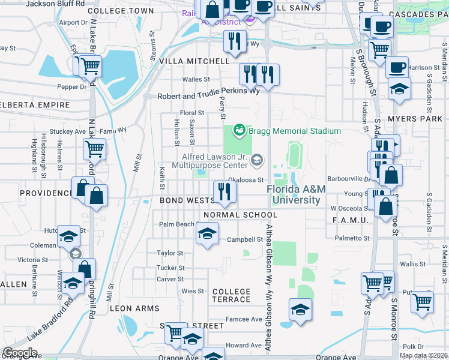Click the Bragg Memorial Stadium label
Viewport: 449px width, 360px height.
[x=295, y=131]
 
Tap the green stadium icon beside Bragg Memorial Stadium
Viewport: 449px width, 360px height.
[x=240, y=130]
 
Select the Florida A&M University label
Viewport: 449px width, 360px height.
[x=296, y=194]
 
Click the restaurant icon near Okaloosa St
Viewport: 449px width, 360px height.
[x=224, y=192]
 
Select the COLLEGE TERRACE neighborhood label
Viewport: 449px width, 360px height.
[x=231, y=295]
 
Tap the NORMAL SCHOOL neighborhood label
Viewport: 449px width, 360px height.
[x=240, y=215]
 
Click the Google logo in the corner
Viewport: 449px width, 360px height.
[x=20, y=352]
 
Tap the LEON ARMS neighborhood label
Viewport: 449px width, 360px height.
[x=134, y=308]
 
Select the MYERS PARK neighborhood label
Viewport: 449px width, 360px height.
[x=420, y=119]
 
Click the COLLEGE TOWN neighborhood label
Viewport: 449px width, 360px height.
[x=120, y=11]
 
